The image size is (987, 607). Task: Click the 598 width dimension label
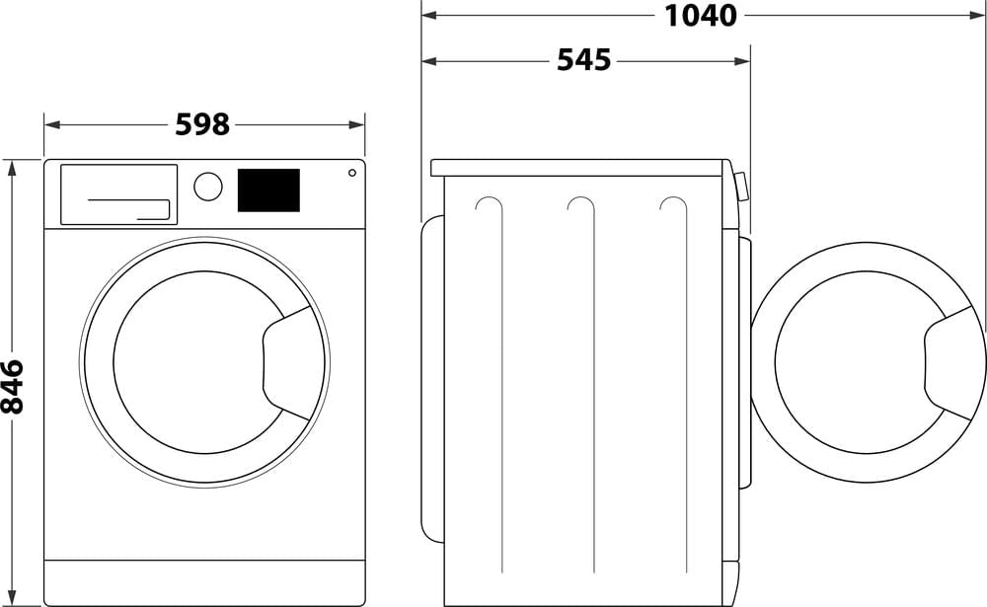click(x=202, y=124)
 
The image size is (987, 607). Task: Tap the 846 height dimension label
click(x=13, y=386)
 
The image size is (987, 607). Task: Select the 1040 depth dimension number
click(x=701, y=15)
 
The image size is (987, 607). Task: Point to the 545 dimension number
click(x=583, y=60)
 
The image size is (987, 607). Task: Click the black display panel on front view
click(x=267, y=190)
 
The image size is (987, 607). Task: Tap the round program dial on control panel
click(x=207, y=187)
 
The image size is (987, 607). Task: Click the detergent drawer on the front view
click(x=118, y=193)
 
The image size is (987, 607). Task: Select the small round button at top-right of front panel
click(x=351, y=173)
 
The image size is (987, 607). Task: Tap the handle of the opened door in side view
click(x=949, y=362)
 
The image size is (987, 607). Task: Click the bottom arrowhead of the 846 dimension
click(x=13, y=599)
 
